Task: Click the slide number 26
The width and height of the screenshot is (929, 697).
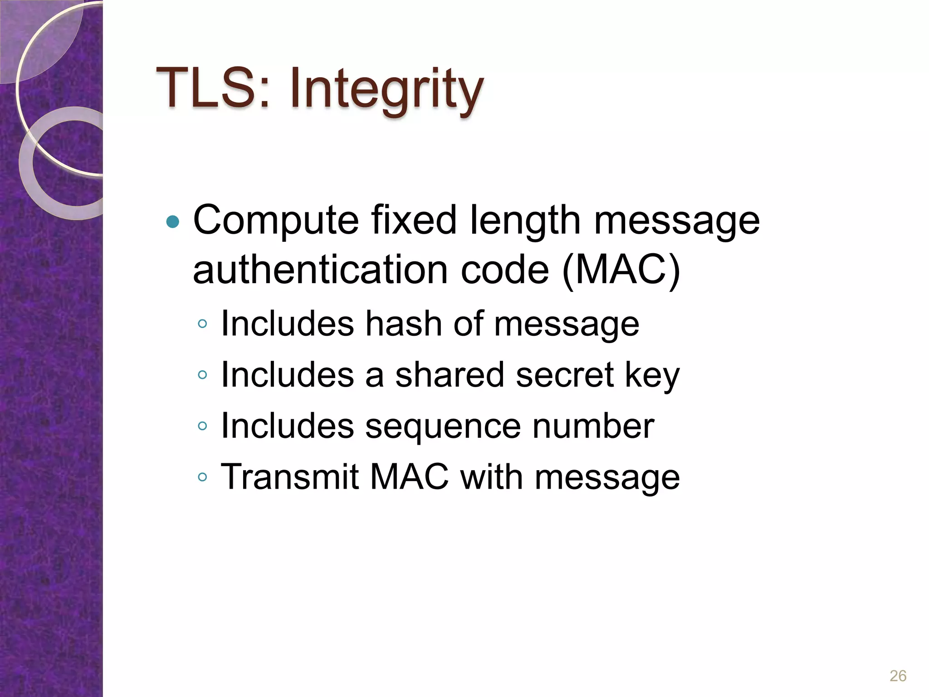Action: [898, 676]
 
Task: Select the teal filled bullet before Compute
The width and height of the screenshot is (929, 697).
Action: [173, 222]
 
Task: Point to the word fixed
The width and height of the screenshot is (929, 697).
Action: [413, 220]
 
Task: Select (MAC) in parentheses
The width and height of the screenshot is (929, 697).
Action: [621, 270]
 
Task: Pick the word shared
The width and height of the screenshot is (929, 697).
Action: [449, 375]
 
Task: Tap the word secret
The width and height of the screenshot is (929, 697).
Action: [565, 376]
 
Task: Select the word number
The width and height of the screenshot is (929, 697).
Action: [593, 426]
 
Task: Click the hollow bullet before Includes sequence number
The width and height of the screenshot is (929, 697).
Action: [202, 426]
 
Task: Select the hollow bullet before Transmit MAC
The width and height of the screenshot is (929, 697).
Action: [202, 477]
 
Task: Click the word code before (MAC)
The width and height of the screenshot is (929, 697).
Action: [504, 270]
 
